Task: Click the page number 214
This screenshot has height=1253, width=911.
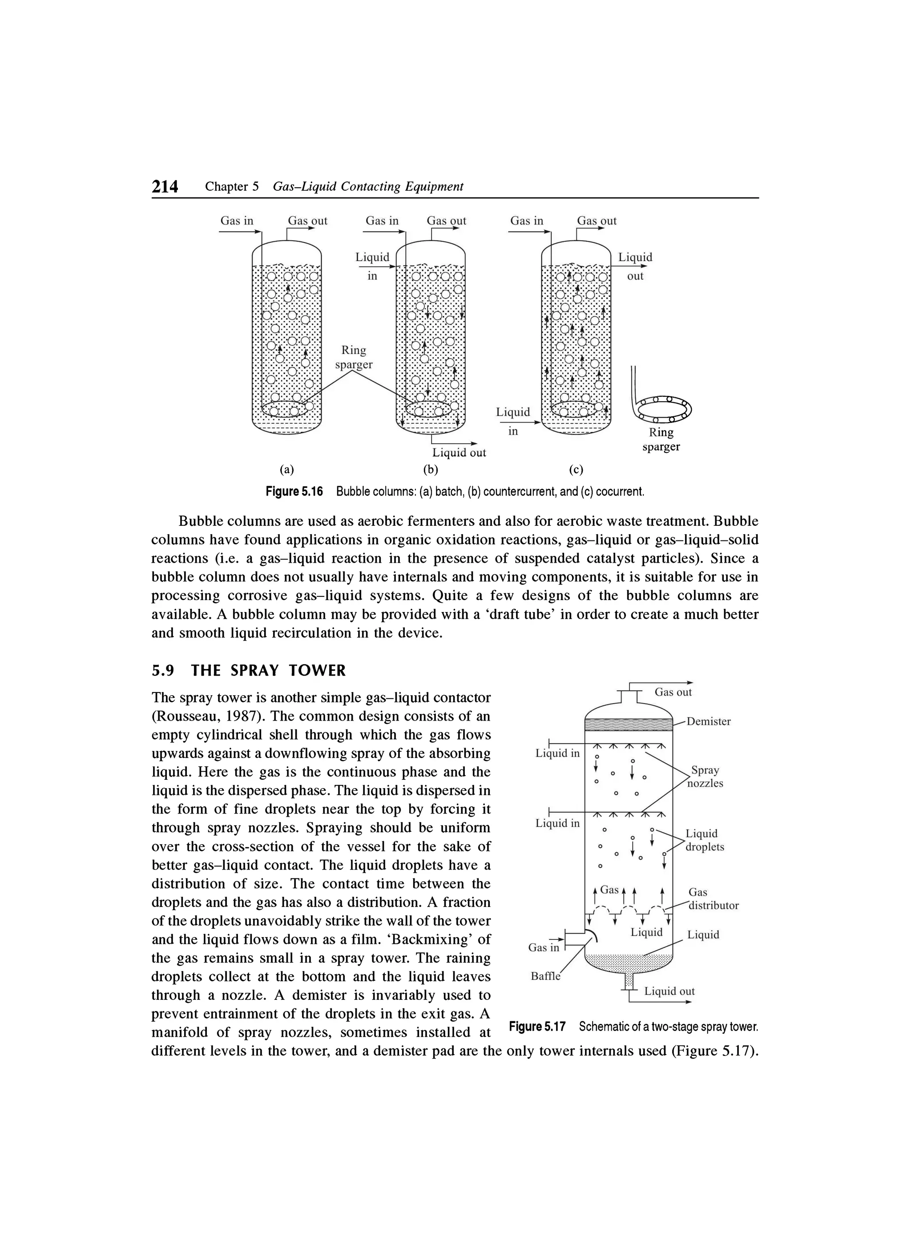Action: tap(165, 187)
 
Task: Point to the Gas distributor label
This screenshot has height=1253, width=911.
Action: tap(713, 899)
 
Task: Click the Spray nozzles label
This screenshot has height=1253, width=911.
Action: tap(705, 777)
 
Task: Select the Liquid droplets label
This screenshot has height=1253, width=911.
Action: tap(705, 840)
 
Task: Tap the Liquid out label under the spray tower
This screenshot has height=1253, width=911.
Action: tap(669, 991)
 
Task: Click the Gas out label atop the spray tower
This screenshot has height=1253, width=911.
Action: tap(673, 692)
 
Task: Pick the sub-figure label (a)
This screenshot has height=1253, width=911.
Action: tap(286, 470)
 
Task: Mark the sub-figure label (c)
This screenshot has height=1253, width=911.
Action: tap(576, 470)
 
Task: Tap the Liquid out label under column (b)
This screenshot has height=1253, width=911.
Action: tap(459, 452)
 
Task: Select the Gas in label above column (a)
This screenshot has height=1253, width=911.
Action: tap(237, 221)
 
